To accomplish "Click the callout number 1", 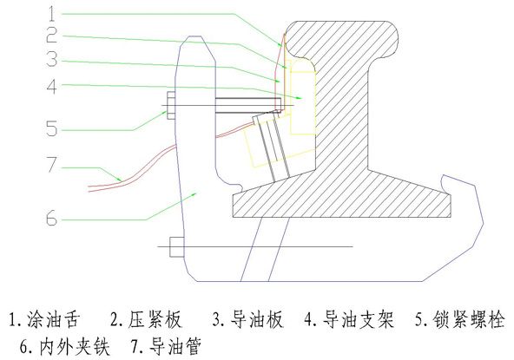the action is pyautogui.click(x=51, y=14).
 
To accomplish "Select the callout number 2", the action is pyautogui.click(x=52, y=35).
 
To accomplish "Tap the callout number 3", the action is pyautogui.click(x=52, y=59).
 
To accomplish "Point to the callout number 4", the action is pyautogui.click(x=52, y=87).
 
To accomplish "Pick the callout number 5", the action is pyautogui.click(x=52, y=128).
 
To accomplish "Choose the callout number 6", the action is pyautogui.click(x=51, y=218).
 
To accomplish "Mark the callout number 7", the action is pyautogui.click(x=52, y=165).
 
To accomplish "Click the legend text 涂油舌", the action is pyautogui.click(x=54, y=318).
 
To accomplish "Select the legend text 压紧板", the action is pyautogui.click(x=155, y=318).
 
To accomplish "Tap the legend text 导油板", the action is pyautogui.click(x=256, y=318).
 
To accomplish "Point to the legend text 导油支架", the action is pyautogui.click(x=358, y=318).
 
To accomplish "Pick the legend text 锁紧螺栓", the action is pyautogui.click(x=469, y=318).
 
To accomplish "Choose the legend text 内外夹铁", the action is pyautogui.click(x=75, y=346).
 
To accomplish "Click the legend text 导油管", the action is pyautogui.click(x=175, y=346).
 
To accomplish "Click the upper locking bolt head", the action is pyautogui.click(x=171, y=106).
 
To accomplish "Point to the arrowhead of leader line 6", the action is pyautogui.click(x=194, y=194).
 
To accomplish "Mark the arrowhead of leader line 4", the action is pyautogui.click(x=299, y=98).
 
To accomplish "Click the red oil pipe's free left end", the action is pyautogui.click(x=89, y=189).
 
